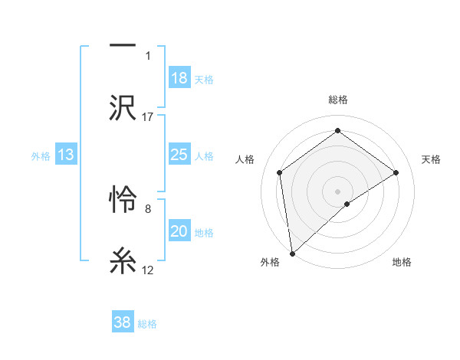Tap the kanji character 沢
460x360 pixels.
tap(123, 106)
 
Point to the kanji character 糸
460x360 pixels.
tap(123, 260)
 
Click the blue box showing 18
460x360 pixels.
tap(179, 77)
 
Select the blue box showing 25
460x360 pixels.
tap(179, 155)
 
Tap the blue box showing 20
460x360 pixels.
tap(179, 232)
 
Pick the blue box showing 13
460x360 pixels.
tap(66, 155)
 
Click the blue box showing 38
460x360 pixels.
tap(123, 322)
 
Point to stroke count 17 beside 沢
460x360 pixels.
tap(148, 116)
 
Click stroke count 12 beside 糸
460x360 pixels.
tap(148, 270)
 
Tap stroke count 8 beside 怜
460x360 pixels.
tap(147, 208)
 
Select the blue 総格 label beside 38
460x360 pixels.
tap(147, 324)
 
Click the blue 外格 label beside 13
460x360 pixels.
tap(41, 156)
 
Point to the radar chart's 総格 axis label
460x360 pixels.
tap(338, 100)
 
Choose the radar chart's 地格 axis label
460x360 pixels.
tap(402, 263)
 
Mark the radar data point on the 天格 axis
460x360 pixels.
tap(396, 172)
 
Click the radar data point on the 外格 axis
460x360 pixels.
tap(291, 253)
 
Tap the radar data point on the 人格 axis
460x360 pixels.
tap(280, 172)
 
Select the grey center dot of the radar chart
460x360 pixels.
tap(338, 191)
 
